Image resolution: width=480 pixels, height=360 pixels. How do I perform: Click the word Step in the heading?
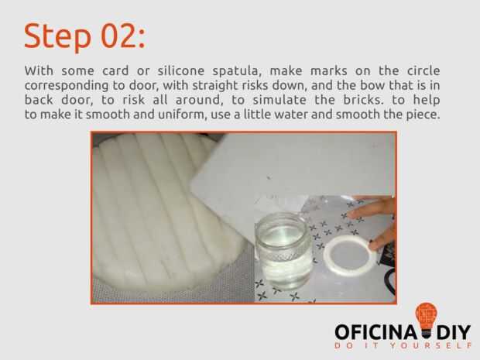tap(57, 36)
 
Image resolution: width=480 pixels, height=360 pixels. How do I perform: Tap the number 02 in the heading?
tap(118, 36)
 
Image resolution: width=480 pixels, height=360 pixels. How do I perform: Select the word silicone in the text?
tap(181, 70)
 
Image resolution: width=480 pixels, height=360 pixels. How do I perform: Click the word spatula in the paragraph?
tap(236, 72)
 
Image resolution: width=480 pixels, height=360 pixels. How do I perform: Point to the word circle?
tap(423, 70)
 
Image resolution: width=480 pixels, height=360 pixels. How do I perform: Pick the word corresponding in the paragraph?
tap(67, 86)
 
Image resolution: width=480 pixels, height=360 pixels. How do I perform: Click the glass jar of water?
tap(284, 252)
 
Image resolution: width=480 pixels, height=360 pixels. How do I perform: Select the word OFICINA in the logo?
tap(376, 332)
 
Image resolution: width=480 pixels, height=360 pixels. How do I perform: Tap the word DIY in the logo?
tap(454, 332)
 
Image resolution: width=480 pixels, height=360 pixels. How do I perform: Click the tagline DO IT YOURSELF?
tap(403, 346)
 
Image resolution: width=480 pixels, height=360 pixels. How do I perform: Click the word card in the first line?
tap(115, 70)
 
